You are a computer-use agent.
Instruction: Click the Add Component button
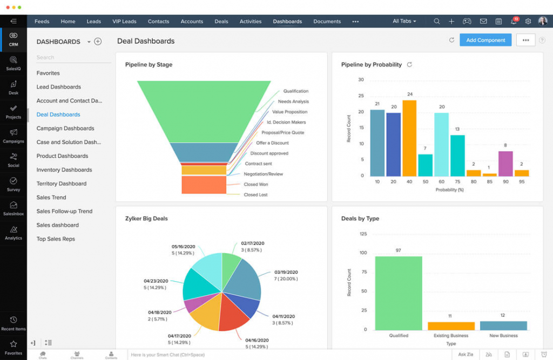pyautogui.click(x=485, y=40)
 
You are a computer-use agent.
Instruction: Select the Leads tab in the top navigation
pyautogui.click(x=94, y=22)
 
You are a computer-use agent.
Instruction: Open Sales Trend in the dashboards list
pyautogui.click(x=51, y=198)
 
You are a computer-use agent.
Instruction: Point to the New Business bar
pyautogui.click(x=503, y=325)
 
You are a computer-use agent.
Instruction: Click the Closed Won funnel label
pyautogui.click(x=256, y=185)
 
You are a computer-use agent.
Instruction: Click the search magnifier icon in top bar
pyautogui.click(x=436, y=22)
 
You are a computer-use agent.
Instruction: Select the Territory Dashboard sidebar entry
pyautogui.click(x=62, y=184)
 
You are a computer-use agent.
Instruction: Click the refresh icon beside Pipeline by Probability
pyautogui.click(x=409, y=65)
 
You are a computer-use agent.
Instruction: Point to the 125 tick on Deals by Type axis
pyautogui.click(x=363, y=234)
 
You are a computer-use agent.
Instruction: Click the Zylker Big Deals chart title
pyautogui.click(x=146, y=219)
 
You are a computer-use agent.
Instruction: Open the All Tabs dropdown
pyautogui.click(x=404, y=22)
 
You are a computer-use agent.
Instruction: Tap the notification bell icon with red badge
pyautogui.click(x=513, y=22)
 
